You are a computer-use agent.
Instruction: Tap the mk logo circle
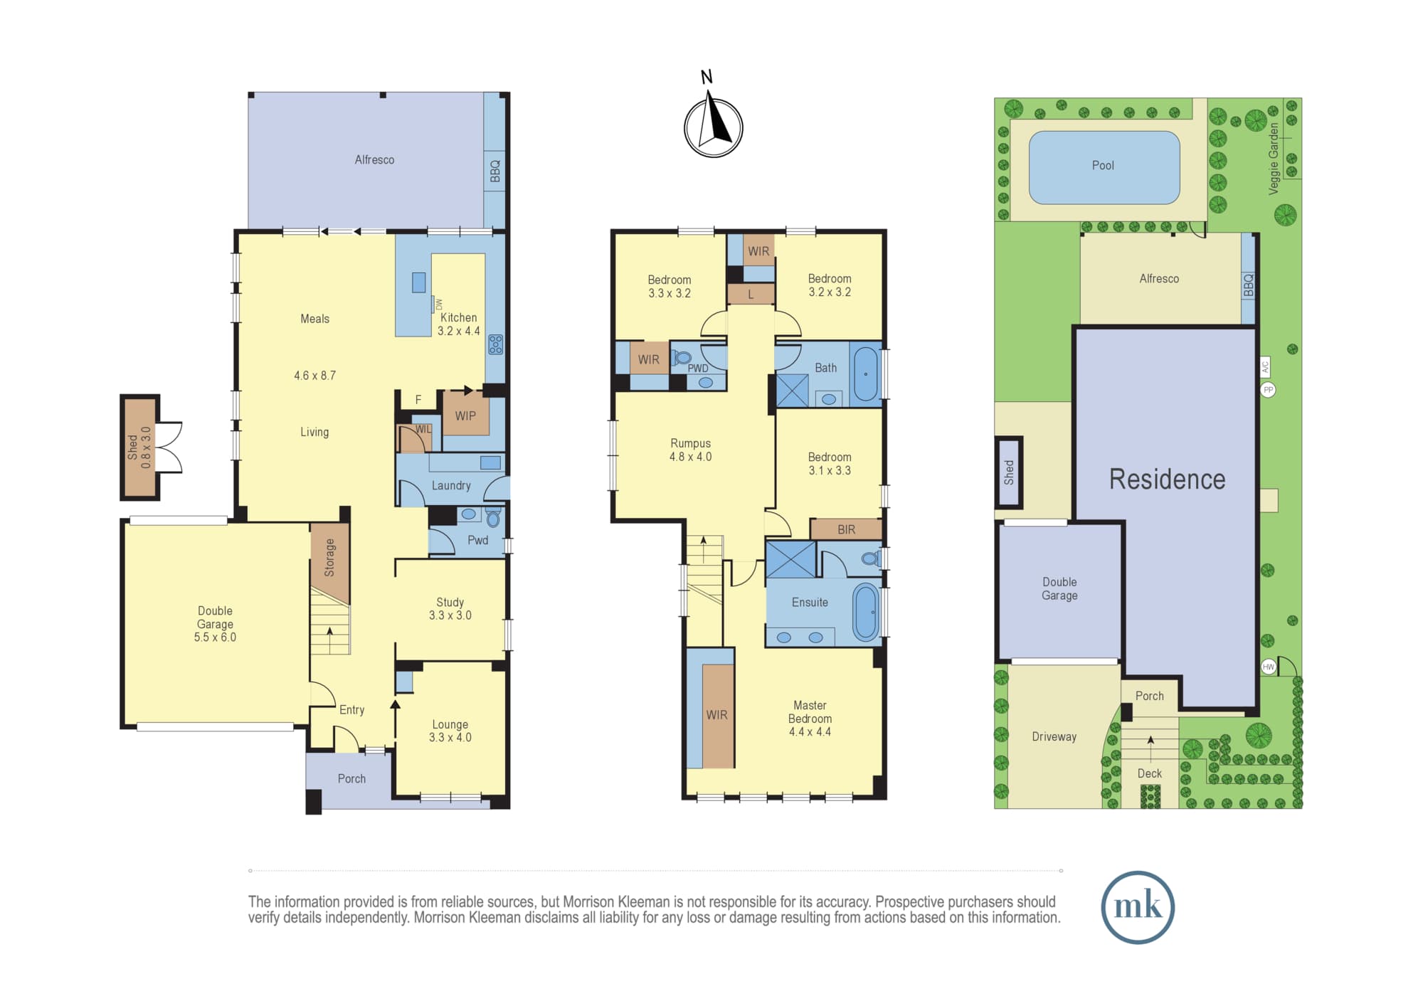[1138, 907]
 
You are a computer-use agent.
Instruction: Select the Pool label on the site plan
[1103, 166]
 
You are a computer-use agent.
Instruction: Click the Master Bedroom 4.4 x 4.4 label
[810, 719]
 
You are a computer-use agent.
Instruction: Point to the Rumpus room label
[690, 450]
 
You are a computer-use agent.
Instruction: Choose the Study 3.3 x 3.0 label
[450, 609]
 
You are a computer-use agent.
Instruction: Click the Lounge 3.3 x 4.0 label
[450, 731]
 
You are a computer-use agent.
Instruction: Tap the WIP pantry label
[465, 416]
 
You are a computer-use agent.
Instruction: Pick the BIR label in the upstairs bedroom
[846, 530]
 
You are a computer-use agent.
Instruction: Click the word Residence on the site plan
[1167, 480]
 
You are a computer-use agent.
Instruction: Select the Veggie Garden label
[1274, 158]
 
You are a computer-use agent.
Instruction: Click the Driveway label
[1054, 737]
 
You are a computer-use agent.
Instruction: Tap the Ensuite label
[810, 603]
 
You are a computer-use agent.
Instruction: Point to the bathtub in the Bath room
[865, 374]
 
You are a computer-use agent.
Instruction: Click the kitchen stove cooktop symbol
[496, 344]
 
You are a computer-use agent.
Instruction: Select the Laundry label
[451, 485]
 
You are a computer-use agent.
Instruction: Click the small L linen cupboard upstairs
[751, 295]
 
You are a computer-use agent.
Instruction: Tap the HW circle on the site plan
[1269, 667]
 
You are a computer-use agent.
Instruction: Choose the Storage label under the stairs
[329, 558]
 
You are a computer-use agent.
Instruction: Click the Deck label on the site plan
[1149, 773]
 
